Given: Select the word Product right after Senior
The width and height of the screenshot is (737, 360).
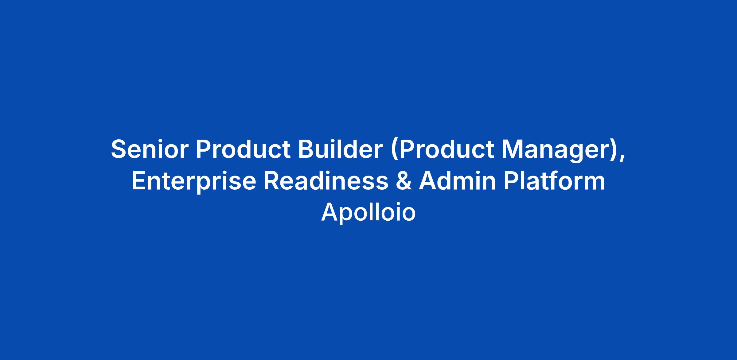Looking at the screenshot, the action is (243, 149).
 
